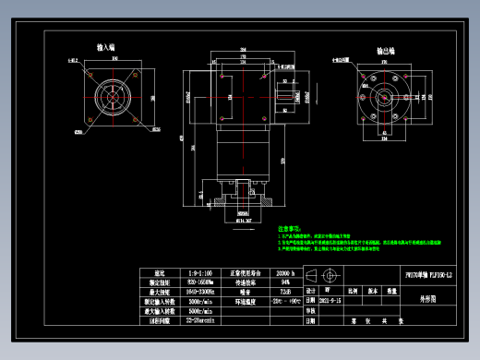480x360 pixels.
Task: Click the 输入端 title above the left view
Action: pos(106,46)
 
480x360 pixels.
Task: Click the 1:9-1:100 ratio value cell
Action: pos(200,274)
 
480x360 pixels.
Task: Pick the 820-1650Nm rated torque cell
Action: pos(200,283)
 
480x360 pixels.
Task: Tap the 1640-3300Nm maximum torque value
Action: pos(200,293)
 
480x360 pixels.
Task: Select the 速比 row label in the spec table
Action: pos(159,274)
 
